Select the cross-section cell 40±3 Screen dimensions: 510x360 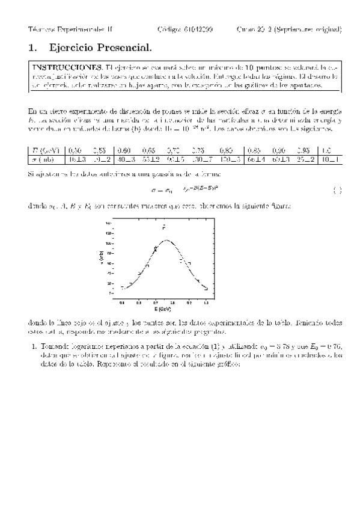point(125,159)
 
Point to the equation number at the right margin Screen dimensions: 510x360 point(337,191)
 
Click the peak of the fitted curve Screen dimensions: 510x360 point(166,240)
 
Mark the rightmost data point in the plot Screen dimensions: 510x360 point(206,287)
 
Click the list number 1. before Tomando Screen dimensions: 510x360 point(34,346)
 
